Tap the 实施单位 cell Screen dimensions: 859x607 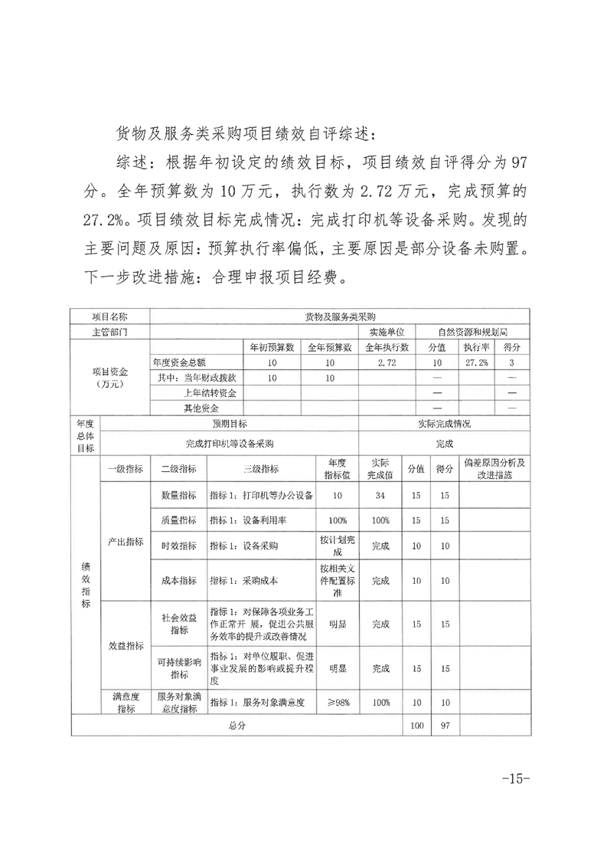pos(387,332)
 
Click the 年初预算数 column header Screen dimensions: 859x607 pos(271,347)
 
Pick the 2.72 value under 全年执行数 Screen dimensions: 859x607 pos(387,362)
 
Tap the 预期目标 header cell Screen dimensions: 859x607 pos(229,423)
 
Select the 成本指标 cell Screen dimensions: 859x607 pos(178,581)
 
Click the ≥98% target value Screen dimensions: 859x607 pos(338,703)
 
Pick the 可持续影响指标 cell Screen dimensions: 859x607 pos(178,668)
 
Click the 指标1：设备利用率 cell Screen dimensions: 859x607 pos(261,520)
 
